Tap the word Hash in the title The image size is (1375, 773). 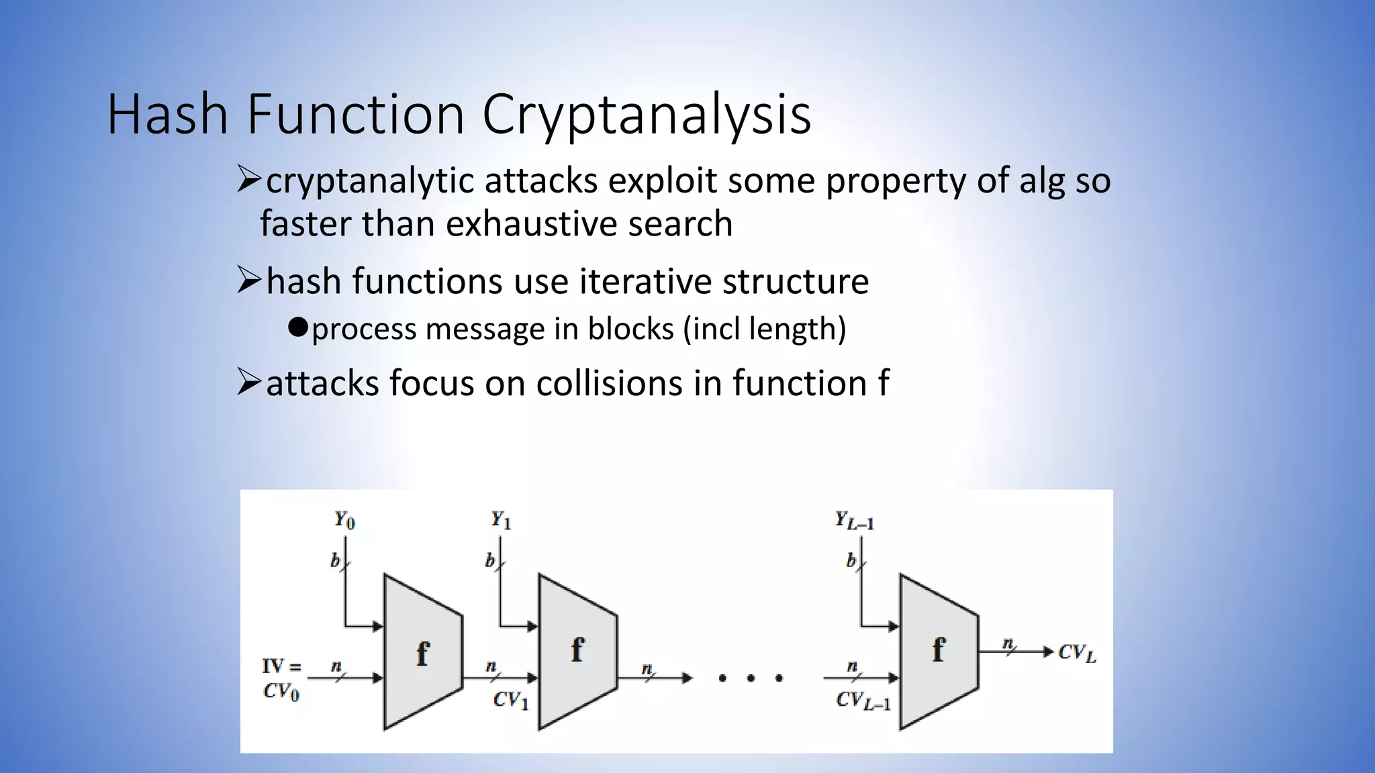tap(168, 114)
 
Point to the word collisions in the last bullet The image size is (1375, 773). tap(608, 383)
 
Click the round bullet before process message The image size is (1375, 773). tap(297, 327)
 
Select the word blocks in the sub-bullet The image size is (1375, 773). tap(630, 329)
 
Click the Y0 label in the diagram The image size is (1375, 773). tap(344, 519)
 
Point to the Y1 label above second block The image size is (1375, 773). tap(501, 519)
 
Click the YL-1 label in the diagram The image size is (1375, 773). tap(854, 520)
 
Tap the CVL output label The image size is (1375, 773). tap(1077, 653)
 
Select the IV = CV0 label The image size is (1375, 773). tap(281, 678)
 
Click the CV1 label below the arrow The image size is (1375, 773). tap(510, 701)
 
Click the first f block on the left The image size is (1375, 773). tap(422, 652)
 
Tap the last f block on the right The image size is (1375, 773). tap(938, 651)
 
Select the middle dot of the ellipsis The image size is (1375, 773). tap(751, 678)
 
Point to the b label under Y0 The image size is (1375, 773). tap(335, 560)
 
